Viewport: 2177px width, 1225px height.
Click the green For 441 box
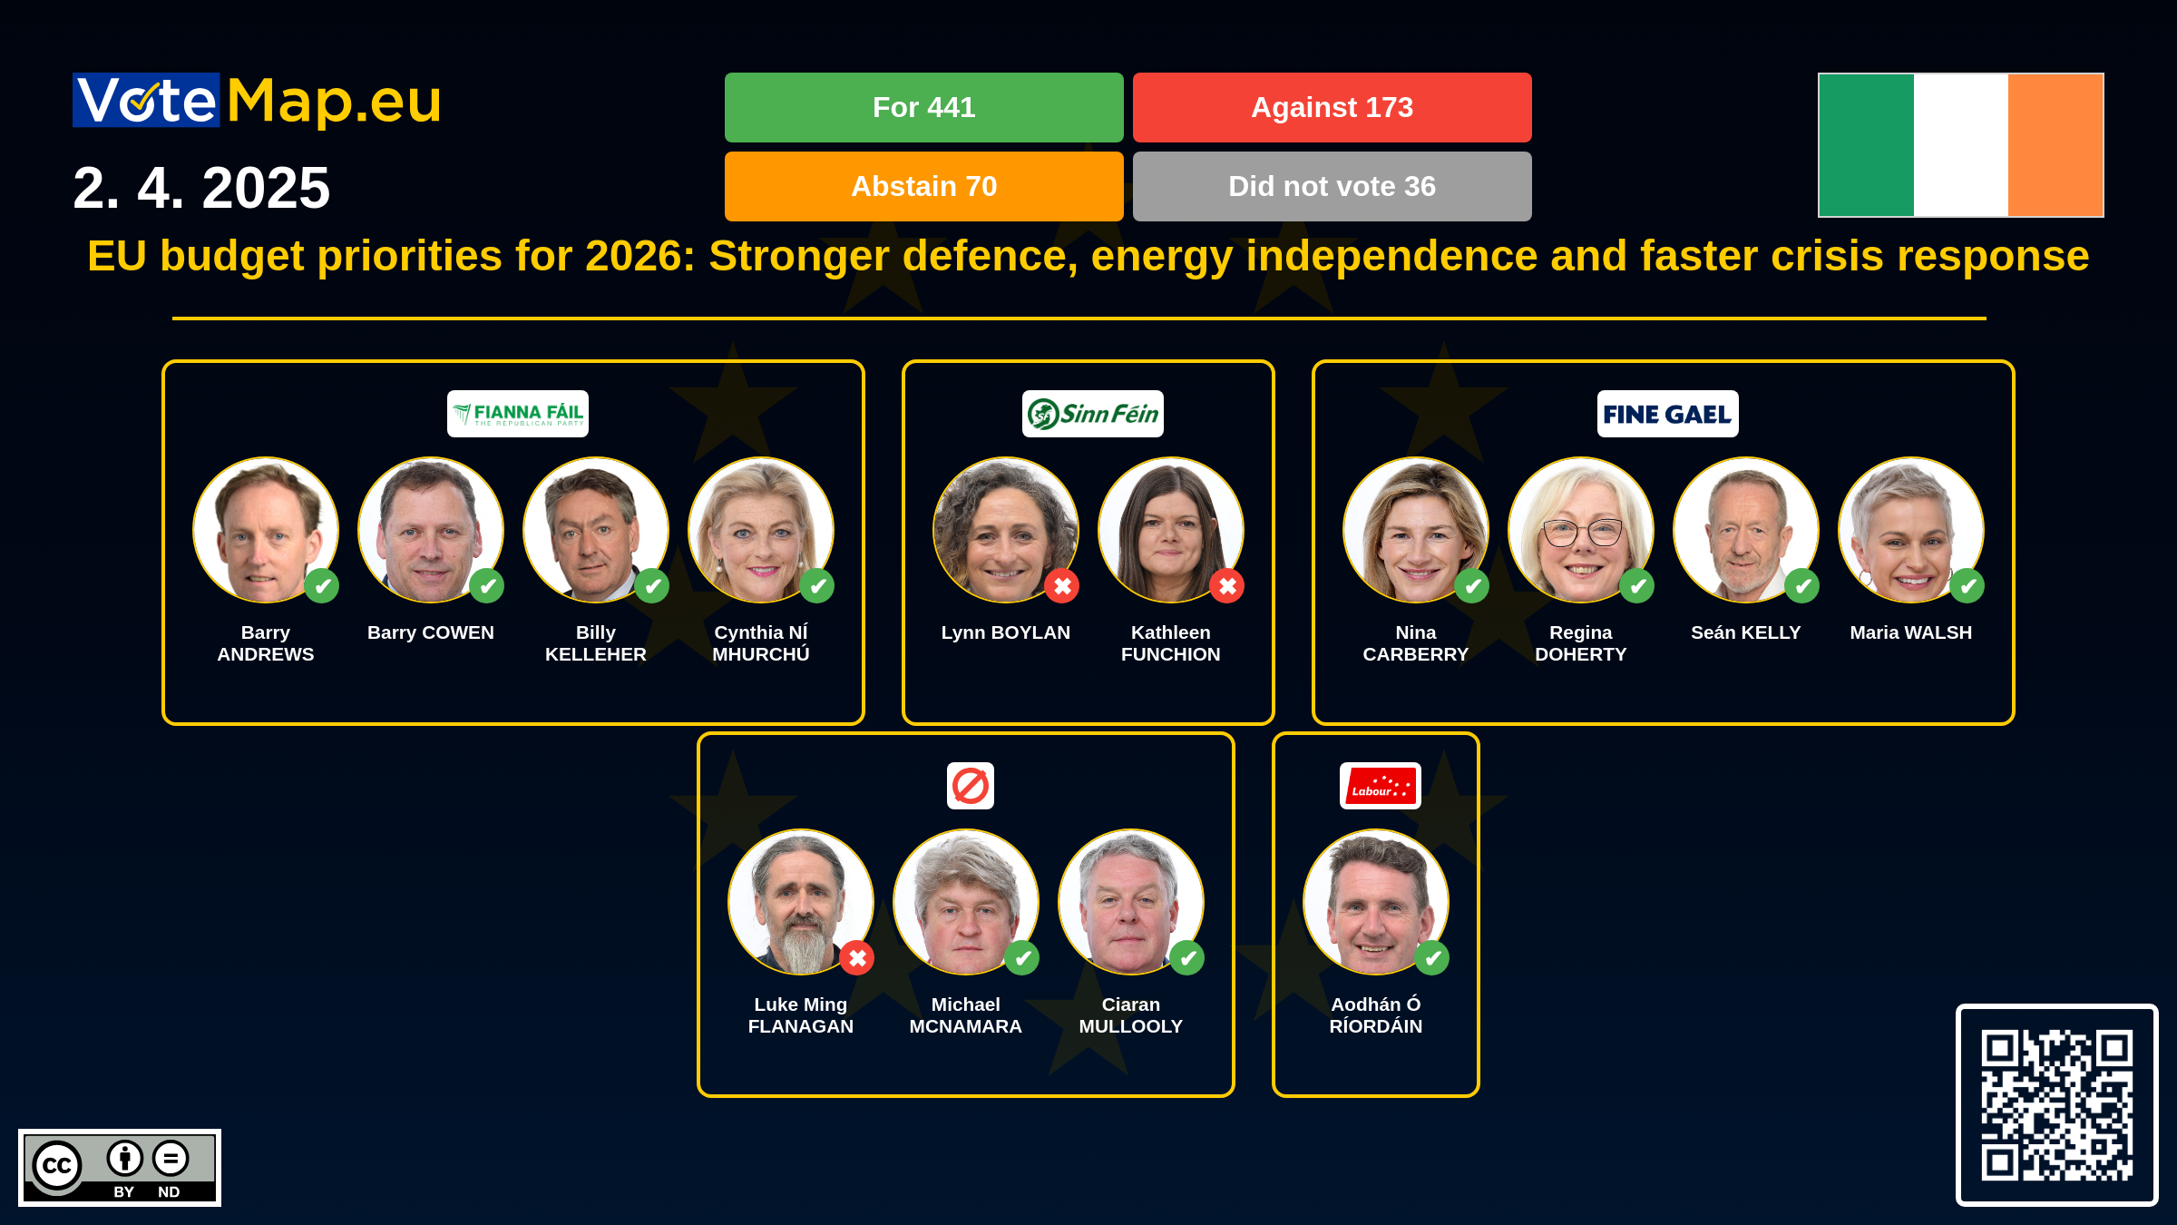click(923, 107)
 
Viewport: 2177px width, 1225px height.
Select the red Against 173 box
click(1332, 107)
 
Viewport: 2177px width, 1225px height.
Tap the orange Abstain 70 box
click(923, 186)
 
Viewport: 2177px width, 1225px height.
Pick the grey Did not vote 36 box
click(1332, 186)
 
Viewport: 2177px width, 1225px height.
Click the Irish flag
click(1960, 145)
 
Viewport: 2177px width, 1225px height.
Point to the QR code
click(2056, 1104)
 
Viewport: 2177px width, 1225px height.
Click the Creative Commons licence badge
click(120, 1168)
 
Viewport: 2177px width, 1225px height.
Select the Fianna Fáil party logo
click(518, 414)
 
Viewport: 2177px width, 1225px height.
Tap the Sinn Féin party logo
click(1093, 414)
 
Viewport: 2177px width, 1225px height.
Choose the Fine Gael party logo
click(1668, 414)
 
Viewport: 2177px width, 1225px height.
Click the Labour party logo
click(1381, 786)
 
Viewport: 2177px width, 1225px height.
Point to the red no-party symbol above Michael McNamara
click(971, 786)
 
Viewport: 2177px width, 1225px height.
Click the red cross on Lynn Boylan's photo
click(1062, 586)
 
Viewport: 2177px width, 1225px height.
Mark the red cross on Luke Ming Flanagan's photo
click(857, 958)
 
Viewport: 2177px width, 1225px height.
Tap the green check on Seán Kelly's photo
click(1802, 586)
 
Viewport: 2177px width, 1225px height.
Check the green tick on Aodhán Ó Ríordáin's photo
click(1432, 958)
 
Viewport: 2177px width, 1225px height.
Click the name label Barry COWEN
click(431, 632)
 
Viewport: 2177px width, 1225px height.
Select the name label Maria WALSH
click(1911, 632)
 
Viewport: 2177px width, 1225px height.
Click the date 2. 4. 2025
click(201, 188)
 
